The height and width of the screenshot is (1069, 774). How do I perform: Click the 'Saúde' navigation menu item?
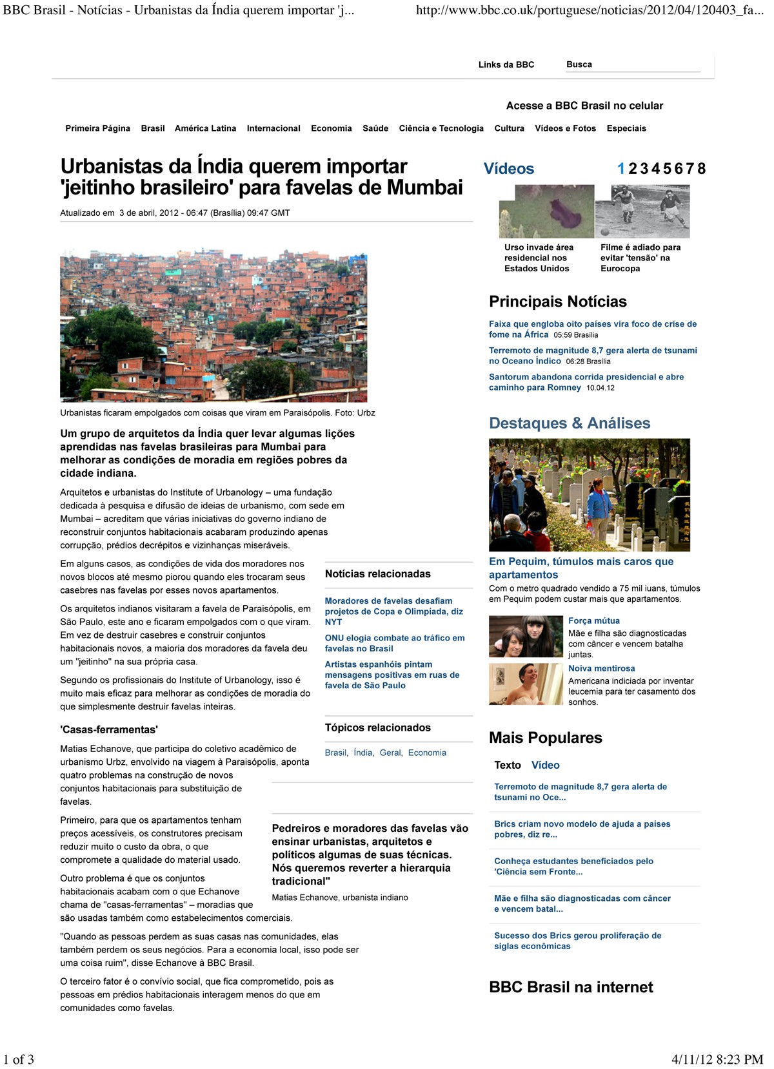(x=375, y=128)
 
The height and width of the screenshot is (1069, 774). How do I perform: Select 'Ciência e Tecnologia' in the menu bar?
(x=441, y=128)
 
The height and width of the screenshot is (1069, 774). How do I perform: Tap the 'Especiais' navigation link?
(x=626, y=128)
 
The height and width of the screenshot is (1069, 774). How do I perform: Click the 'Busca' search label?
(x=579, y=64)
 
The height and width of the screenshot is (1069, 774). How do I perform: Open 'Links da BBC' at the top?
(x=506, y=64)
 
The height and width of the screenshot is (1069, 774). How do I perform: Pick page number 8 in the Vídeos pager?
(x=701, y=169)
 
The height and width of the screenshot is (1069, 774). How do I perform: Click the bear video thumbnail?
(x=546, y=211)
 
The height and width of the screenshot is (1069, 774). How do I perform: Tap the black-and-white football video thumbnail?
(x=642, y=211)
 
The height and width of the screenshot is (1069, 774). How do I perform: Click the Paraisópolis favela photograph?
(x=213, y=327)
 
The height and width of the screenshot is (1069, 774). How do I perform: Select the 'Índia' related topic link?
(x=363, y=753)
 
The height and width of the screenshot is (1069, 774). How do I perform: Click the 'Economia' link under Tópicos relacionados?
(x=427, y=753)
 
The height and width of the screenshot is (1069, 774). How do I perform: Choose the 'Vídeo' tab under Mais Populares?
(x=545, y=765)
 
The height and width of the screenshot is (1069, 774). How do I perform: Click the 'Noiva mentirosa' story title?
(x=601, y=668)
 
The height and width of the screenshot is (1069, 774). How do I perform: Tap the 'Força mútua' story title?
(x=593, y=621)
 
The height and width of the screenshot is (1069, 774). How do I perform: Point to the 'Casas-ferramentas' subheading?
(x=109, y=729)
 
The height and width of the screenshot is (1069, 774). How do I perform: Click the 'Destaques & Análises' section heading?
(x=570, y=423)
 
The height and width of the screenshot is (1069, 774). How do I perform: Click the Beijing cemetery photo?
(x=589, y=495)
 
